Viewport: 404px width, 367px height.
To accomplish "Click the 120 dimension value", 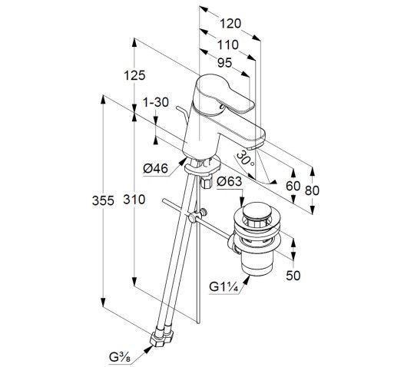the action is [x=230, y=24].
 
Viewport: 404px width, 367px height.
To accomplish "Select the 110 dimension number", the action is [x=228, y=45].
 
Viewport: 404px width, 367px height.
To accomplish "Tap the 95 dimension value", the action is [x=225, y=63].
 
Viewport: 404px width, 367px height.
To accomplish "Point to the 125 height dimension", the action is [x=134, y=75].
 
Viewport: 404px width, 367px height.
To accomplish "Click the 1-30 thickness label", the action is [x=156, y=103].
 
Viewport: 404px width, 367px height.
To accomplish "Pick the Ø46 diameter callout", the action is [x=156, y=169].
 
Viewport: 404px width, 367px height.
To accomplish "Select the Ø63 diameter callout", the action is [x=230, y=181].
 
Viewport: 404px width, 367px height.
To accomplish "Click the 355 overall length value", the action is [x=103, y=200].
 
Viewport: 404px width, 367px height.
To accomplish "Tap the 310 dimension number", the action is [x=134, y=200].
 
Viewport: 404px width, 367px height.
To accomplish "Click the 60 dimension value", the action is [x=293, y=186].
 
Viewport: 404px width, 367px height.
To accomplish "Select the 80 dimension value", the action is [x=312, y=190].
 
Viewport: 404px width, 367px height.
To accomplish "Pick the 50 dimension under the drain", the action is [x=293, y=276].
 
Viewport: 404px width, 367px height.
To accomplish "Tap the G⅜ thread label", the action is [x=120, y=357].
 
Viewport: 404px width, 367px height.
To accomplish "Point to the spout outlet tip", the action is [x=255, y=147].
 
